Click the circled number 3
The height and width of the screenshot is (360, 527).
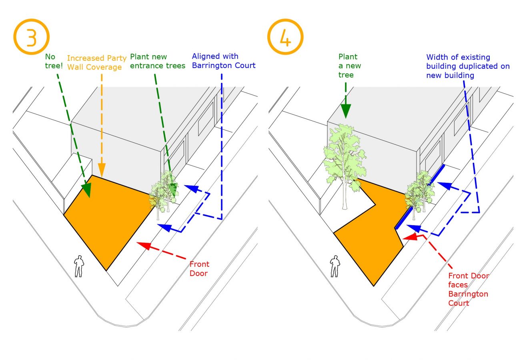[x=31, y=37]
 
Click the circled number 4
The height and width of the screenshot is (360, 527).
[x=285, y=37]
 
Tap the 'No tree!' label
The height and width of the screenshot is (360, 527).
[x=54, y=61]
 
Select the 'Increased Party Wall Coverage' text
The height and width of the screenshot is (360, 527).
[x=97, y=62]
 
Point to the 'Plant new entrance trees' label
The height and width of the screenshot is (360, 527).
[x=158, y=61]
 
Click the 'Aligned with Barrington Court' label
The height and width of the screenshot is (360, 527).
[x=224, y=61]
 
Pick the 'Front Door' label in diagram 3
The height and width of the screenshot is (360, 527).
[x=199, y=268]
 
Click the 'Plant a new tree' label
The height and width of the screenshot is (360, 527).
[x=350, y=66]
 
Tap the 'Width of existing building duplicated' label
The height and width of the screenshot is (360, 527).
[x=468, y=66]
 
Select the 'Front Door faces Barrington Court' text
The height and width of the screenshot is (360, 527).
[x=469, y=289]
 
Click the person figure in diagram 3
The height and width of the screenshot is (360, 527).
[x=79, y=266]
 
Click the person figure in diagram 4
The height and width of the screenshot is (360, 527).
[x=335, y=266]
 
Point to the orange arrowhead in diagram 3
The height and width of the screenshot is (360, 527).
[x=102, y=170]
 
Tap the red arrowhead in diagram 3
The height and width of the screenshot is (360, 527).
[x=144, y=246]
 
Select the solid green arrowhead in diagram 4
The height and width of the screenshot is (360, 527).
[x=346, y=111]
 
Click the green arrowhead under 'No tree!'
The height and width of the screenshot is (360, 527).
[x=86, y=190]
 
